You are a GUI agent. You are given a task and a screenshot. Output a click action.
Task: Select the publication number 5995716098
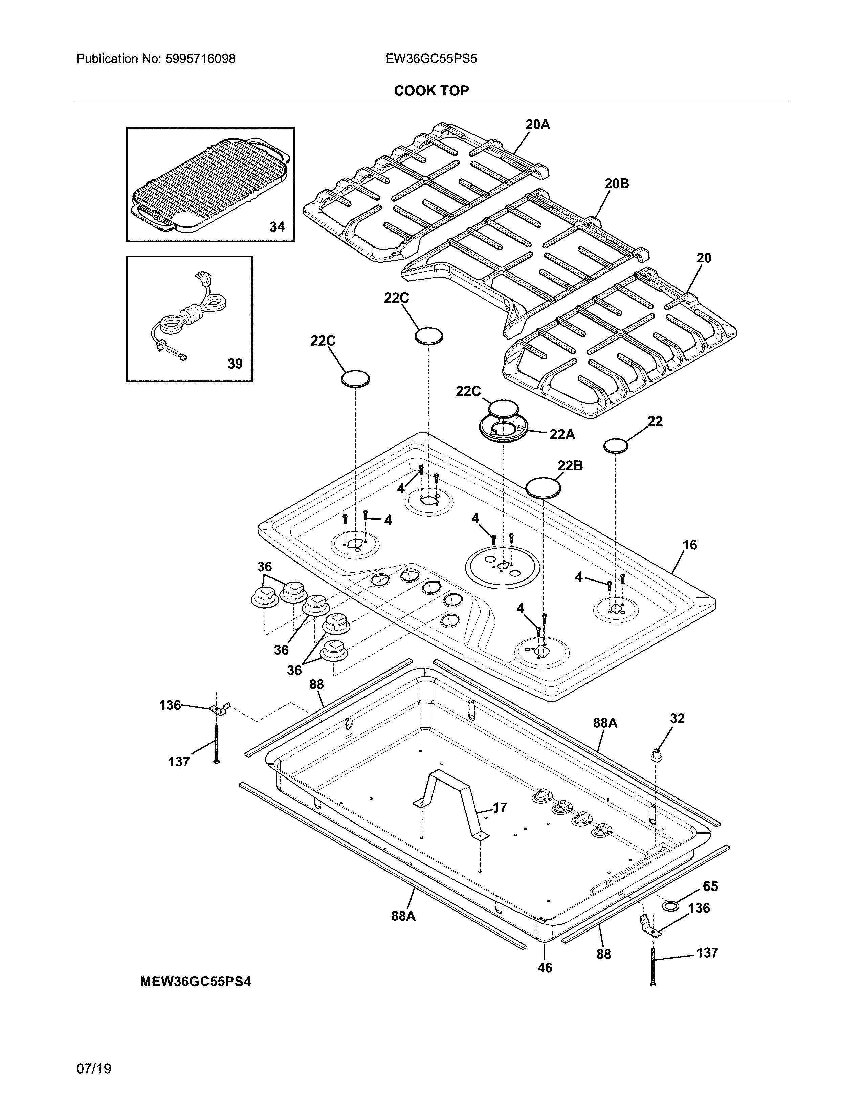coord(200,59)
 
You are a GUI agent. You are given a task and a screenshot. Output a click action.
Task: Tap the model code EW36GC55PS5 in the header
coord(431,59)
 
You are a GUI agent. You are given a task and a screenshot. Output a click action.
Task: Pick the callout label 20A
coord(537,124)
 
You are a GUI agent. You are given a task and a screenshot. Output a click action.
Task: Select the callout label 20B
coord(617,183)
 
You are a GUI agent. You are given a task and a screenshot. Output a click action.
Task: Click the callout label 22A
coord(562,434)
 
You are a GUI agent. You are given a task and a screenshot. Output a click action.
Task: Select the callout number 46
coord(545,968)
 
